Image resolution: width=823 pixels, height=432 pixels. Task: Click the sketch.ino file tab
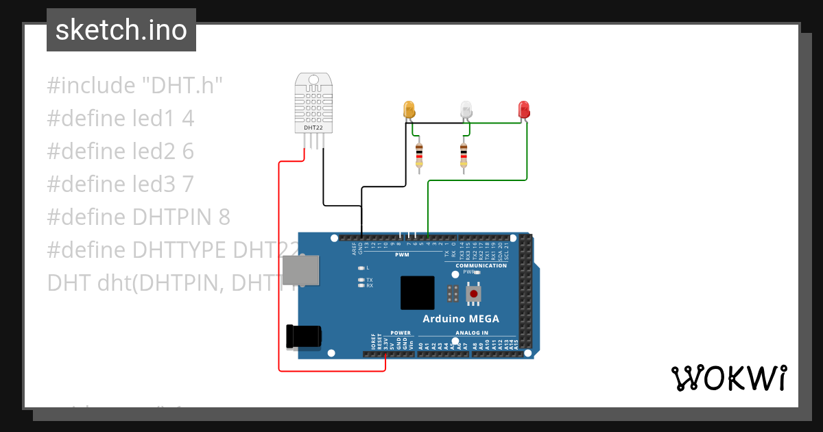(121, 30)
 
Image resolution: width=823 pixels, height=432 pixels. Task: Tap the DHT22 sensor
(313, 103)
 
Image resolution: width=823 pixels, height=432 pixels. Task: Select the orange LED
(409, 110)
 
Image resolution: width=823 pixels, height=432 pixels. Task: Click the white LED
(466, 109)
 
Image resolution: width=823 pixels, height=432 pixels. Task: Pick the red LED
(524, 109)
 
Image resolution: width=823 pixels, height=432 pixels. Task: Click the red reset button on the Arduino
(473, 294)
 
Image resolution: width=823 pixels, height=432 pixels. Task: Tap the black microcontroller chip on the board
(418, 293)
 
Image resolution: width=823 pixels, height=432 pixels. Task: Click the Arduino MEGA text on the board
(461, 319)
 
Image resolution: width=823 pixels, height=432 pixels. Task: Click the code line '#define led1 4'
(121, 119)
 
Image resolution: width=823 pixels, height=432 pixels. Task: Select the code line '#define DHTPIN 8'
(139, 217)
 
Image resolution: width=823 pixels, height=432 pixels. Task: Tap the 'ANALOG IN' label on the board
(471, 333)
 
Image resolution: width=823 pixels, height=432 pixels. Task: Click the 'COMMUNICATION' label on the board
(481, 265)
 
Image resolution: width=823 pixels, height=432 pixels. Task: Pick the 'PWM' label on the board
(402, 254)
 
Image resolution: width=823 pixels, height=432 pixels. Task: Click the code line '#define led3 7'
(121, 184)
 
